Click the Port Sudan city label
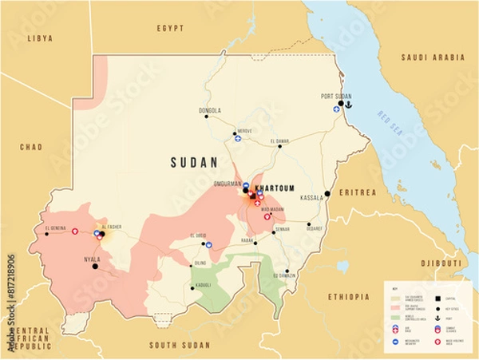click(337, 96)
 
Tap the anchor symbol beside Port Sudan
click(347, 103)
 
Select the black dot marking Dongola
click(206, 117)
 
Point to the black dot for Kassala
click(327, 193)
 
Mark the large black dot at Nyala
click(94, 267)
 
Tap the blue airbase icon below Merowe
click(237, 138)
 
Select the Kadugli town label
click(203, 285)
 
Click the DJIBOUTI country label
click(441, 263)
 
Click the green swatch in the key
click(395, 315)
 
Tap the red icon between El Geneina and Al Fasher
click(75, 231)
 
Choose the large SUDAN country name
click(194, 163)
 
